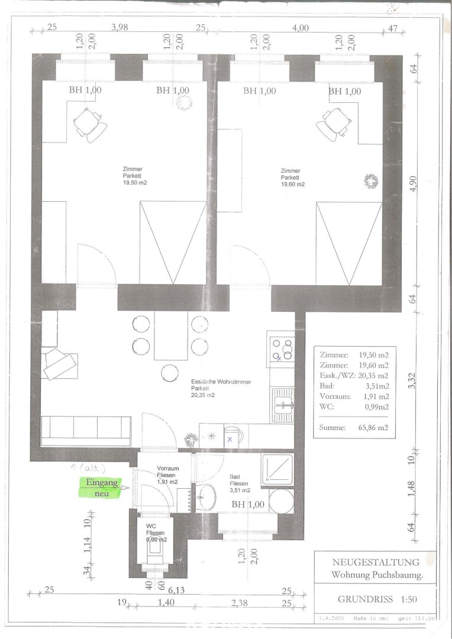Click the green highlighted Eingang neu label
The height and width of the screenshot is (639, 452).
102,488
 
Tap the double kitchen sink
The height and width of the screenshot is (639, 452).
283,405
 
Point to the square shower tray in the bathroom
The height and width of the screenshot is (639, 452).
277,470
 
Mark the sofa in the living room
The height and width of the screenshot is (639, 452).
86,430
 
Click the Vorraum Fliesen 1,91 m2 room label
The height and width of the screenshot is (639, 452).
167,475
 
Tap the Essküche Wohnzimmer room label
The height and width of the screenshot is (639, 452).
221,388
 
